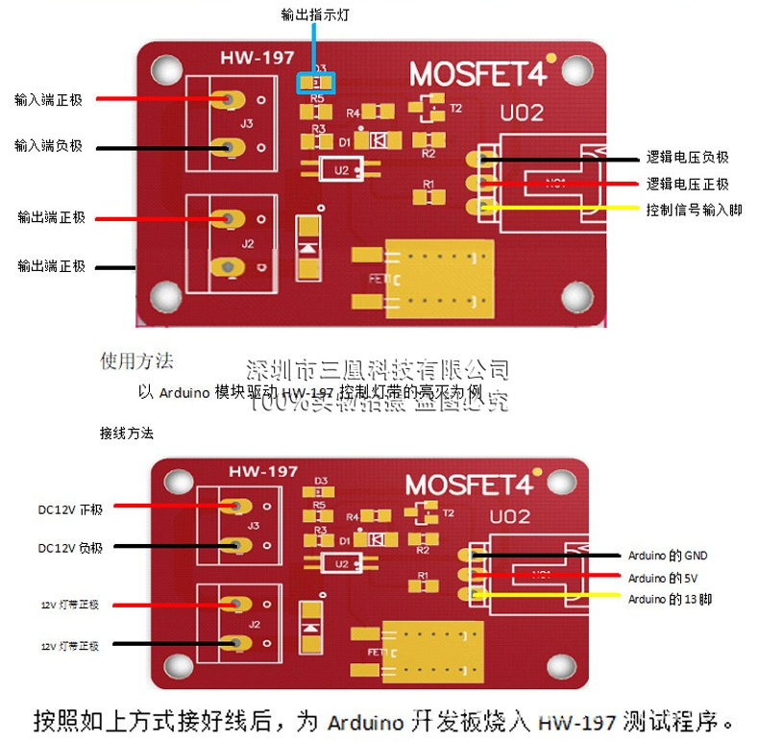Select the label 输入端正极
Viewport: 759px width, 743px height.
click(x=48, y=99)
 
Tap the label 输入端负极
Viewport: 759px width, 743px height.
click(x=48, y=146)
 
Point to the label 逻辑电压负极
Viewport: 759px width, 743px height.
click(x=687, y=159)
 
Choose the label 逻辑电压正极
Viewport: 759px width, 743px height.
click(x=687, y=184)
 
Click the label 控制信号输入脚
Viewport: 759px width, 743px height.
click(x=694, y=209)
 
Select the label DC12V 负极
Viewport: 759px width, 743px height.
click(x=70, y=547)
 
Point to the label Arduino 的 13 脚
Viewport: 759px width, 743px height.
click(x=670, y=599)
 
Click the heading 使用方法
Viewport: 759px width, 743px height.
click(x=137, y=361)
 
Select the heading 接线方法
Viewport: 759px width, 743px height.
click(x=126, y=433)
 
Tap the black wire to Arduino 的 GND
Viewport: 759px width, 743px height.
click(x=548, y=555)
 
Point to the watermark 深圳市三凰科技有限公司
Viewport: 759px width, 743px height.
click(x=378, y=369)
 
